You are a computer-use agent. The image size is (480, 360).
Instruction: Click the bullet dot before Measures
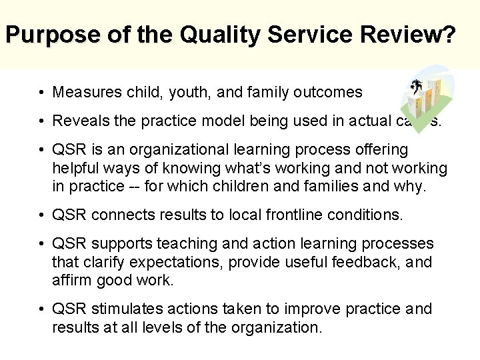coord(41,92)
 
